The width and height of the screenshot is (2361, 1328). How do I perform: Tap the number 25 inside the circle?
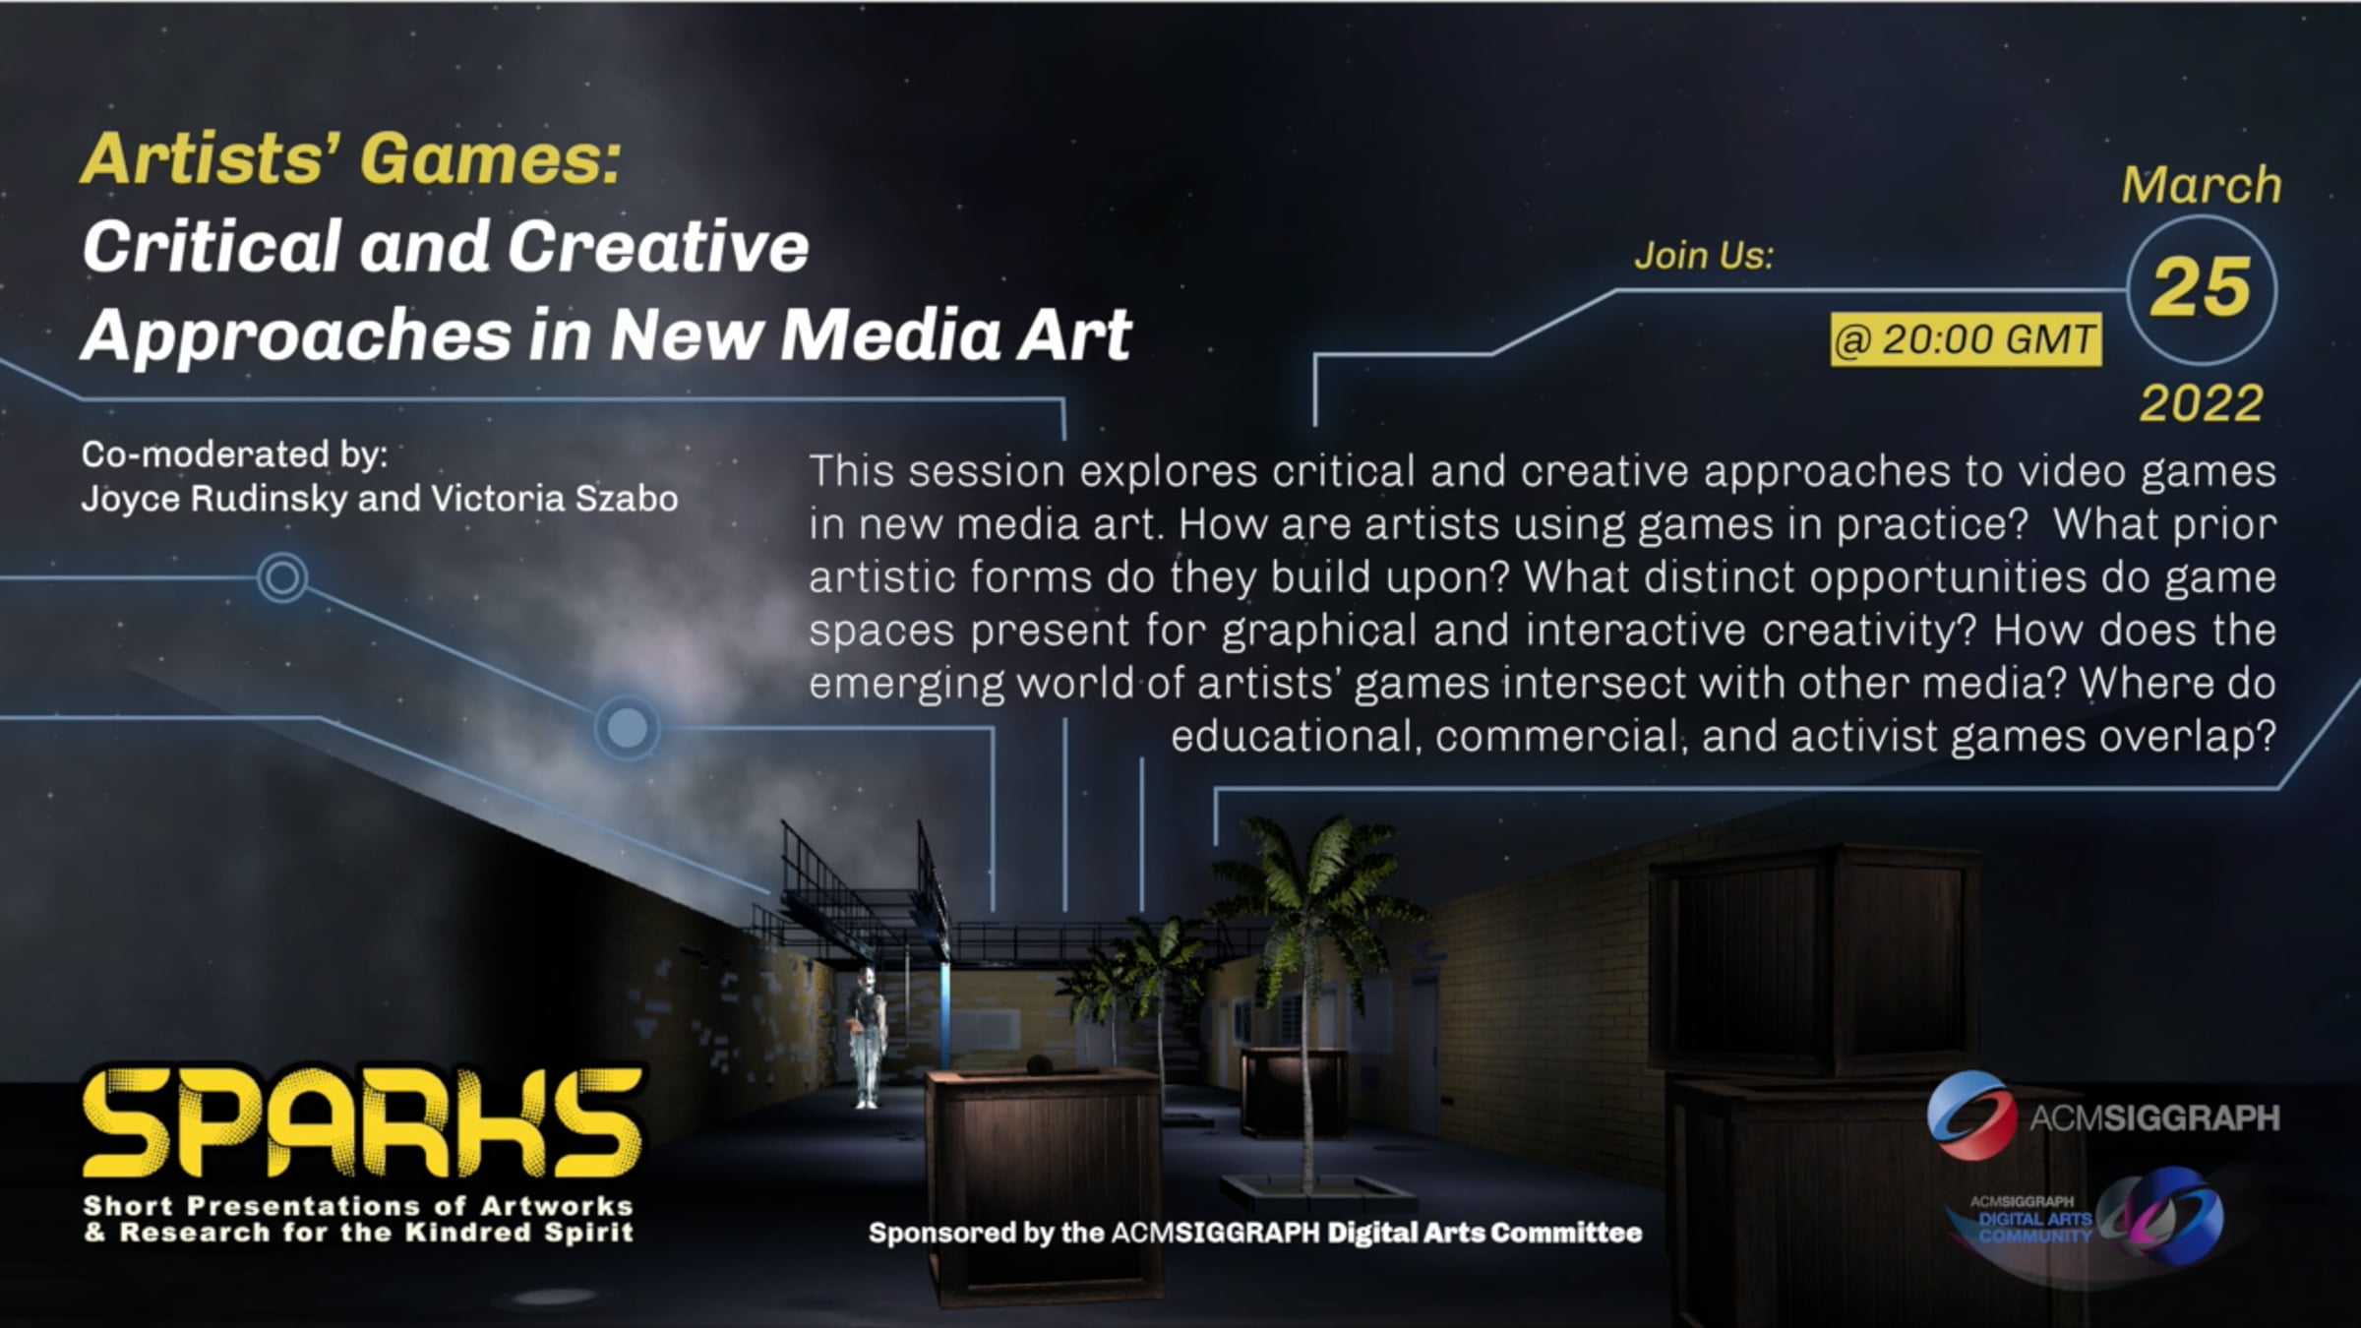point(2202,287)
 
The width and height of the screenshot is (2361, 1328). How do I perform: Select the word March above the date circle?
point(2201,185)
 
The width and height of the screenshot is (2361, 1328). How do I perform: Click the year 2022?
point(2202,403)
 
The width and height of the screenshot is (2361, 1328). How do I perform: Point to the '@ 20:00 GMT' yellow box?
point(1966,339)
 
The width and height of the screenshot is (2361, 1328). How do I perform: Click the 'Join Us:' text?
point(1704,256)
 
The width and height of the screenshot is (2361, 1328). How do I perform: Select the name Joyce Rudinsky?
point(214,499)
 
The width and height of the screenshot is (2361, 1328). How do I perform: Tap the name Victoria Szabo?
point(555,499)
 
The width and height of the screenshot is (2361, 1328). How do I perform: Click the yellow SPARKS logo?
point(362,1122)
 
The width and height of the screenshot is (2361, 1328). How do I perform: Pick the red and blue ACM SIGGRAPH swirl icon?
point(1970,1117)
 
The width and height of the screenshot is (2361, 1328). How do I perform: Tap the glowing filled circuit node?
point(627,728)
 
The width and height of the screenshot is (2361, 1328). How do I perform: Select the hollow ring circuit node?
point(282,576)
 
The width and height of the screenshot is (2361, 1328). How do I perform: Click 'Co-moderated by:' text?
point(234,454)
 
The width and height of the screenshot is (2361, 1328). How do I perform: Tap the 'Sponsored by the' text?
point(986,1233)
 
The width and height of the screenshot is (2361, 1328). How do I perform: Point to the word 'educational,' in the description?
point(1296,736)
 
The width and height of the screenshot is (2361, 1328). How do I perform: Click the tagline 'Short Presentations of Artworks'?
point(358,1206)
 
